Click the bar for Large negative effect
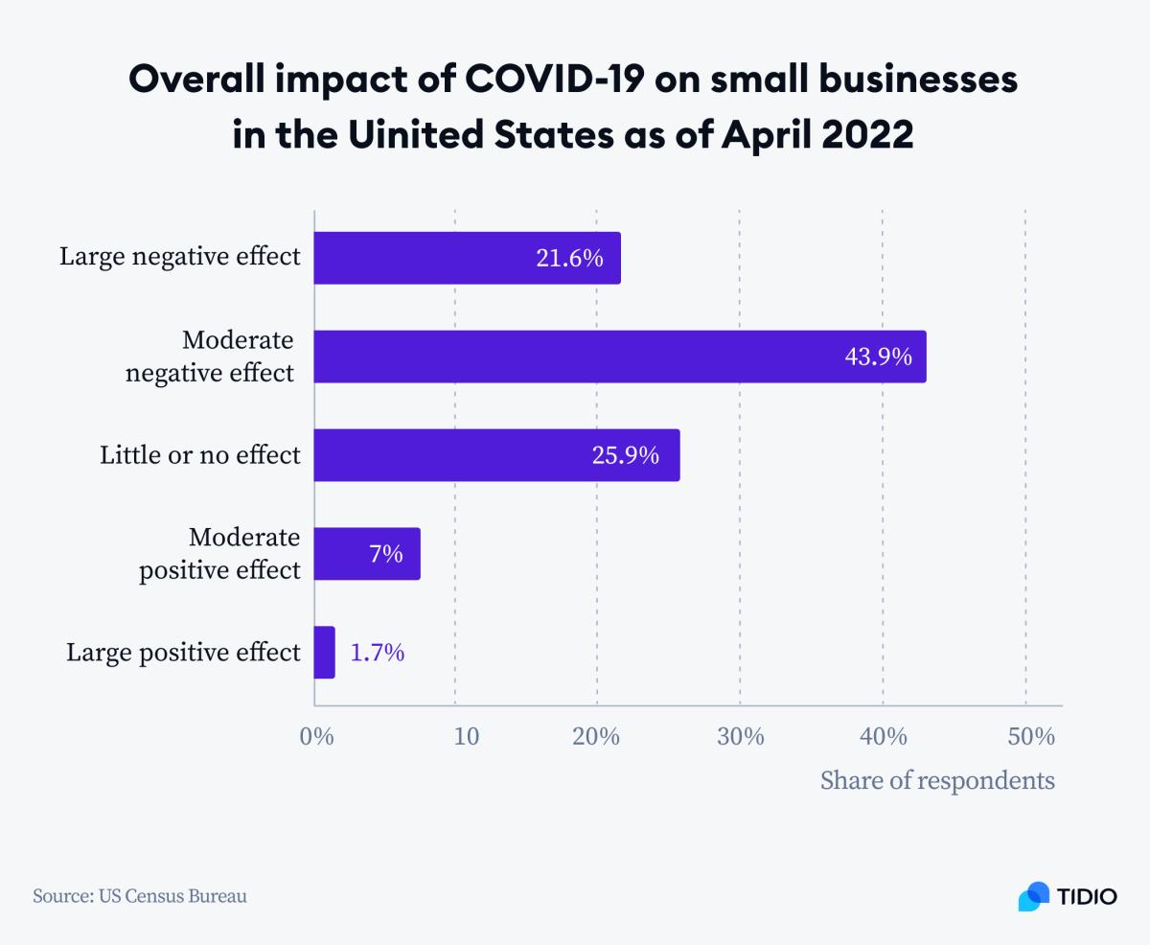tap(467, 258)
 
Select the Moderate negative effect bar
tap(619, 357)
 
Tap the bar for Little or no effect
tap(496, 455)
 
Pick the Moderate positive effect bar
tap(367, 553)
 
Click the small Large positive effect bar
tap(325, 653)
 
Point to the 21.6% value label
tap(569, 258)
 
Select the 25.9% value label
tap(626, 455)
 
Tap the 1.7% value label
tap(377, 653)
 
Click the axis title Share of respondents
tap(937, 780)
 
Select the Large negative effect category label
tap(180, 257)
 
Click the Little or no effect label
tap(200, 455)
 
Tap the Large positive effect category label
tap(183, 653)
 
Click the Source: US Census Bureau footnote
tap(140, 897)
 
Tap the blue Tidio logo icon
tap(1034, 896)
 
